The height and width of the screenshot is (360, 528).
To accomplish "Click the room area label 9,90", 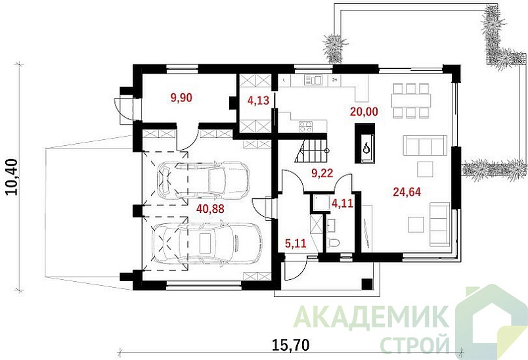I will (181, 99).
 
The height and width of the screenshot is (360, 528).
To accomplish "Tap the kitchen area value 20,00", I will (363, 112).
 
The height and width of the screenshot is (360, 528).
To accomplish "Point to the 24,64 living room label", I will (407, 192).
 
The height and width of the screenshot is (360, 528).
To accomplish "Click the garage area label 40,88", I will (210, 208).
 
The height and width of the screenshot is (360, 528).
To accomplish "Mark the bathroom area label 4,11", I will (342, 204).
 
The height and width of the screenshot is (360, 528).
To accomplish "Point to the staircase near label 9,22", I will (311, 152).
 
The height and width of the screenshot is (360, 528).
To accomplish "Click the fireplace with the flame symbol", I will (365, 146).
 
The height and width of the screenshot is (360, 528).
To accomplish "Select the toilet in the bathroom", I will (335, 244).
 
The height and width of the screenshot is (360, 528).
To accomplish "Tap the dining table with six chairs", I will (410, 101).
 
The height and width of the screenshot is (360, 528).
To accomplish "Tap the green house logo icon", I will (489, 322).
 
